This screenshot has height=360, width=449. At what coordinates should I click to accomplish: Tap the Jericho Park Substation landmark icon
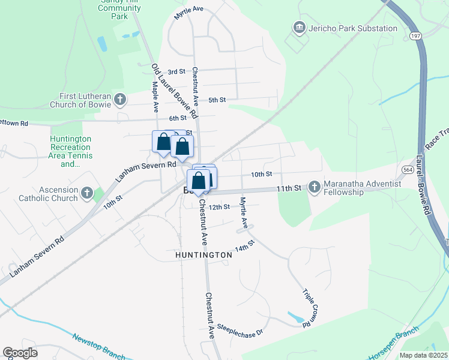point(299,28)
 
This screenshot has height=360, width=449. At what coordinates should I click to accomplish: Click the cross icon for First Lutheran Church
point(121,99)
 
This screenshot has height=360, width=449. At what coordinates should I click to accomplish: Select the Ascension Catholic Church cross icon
point(87,193)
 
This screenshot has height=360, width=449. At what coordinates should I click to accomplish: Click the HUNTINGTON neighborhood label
point(203,255)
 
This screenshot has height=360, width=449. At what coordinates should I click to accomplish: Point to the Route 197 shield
point(415,36)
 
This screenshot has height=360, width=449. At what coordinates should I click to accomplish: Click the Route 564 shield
point(407,170)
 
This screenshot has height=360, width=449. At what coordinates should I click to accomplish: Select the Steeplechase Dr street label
point(241,327)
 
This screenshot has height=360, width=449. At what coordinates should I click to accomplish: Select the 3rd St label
point(176,71)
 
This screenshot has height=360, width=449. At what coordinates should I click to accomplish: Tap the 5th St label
point(217,100)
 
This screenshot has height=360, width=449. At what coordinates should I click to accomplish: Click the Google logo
point(20,353)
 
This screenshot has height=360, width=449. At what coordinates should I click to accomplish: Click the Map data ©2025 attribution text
point(423,355)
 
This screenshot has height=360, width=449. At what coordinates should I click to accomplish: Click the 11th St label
point(288,188)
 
